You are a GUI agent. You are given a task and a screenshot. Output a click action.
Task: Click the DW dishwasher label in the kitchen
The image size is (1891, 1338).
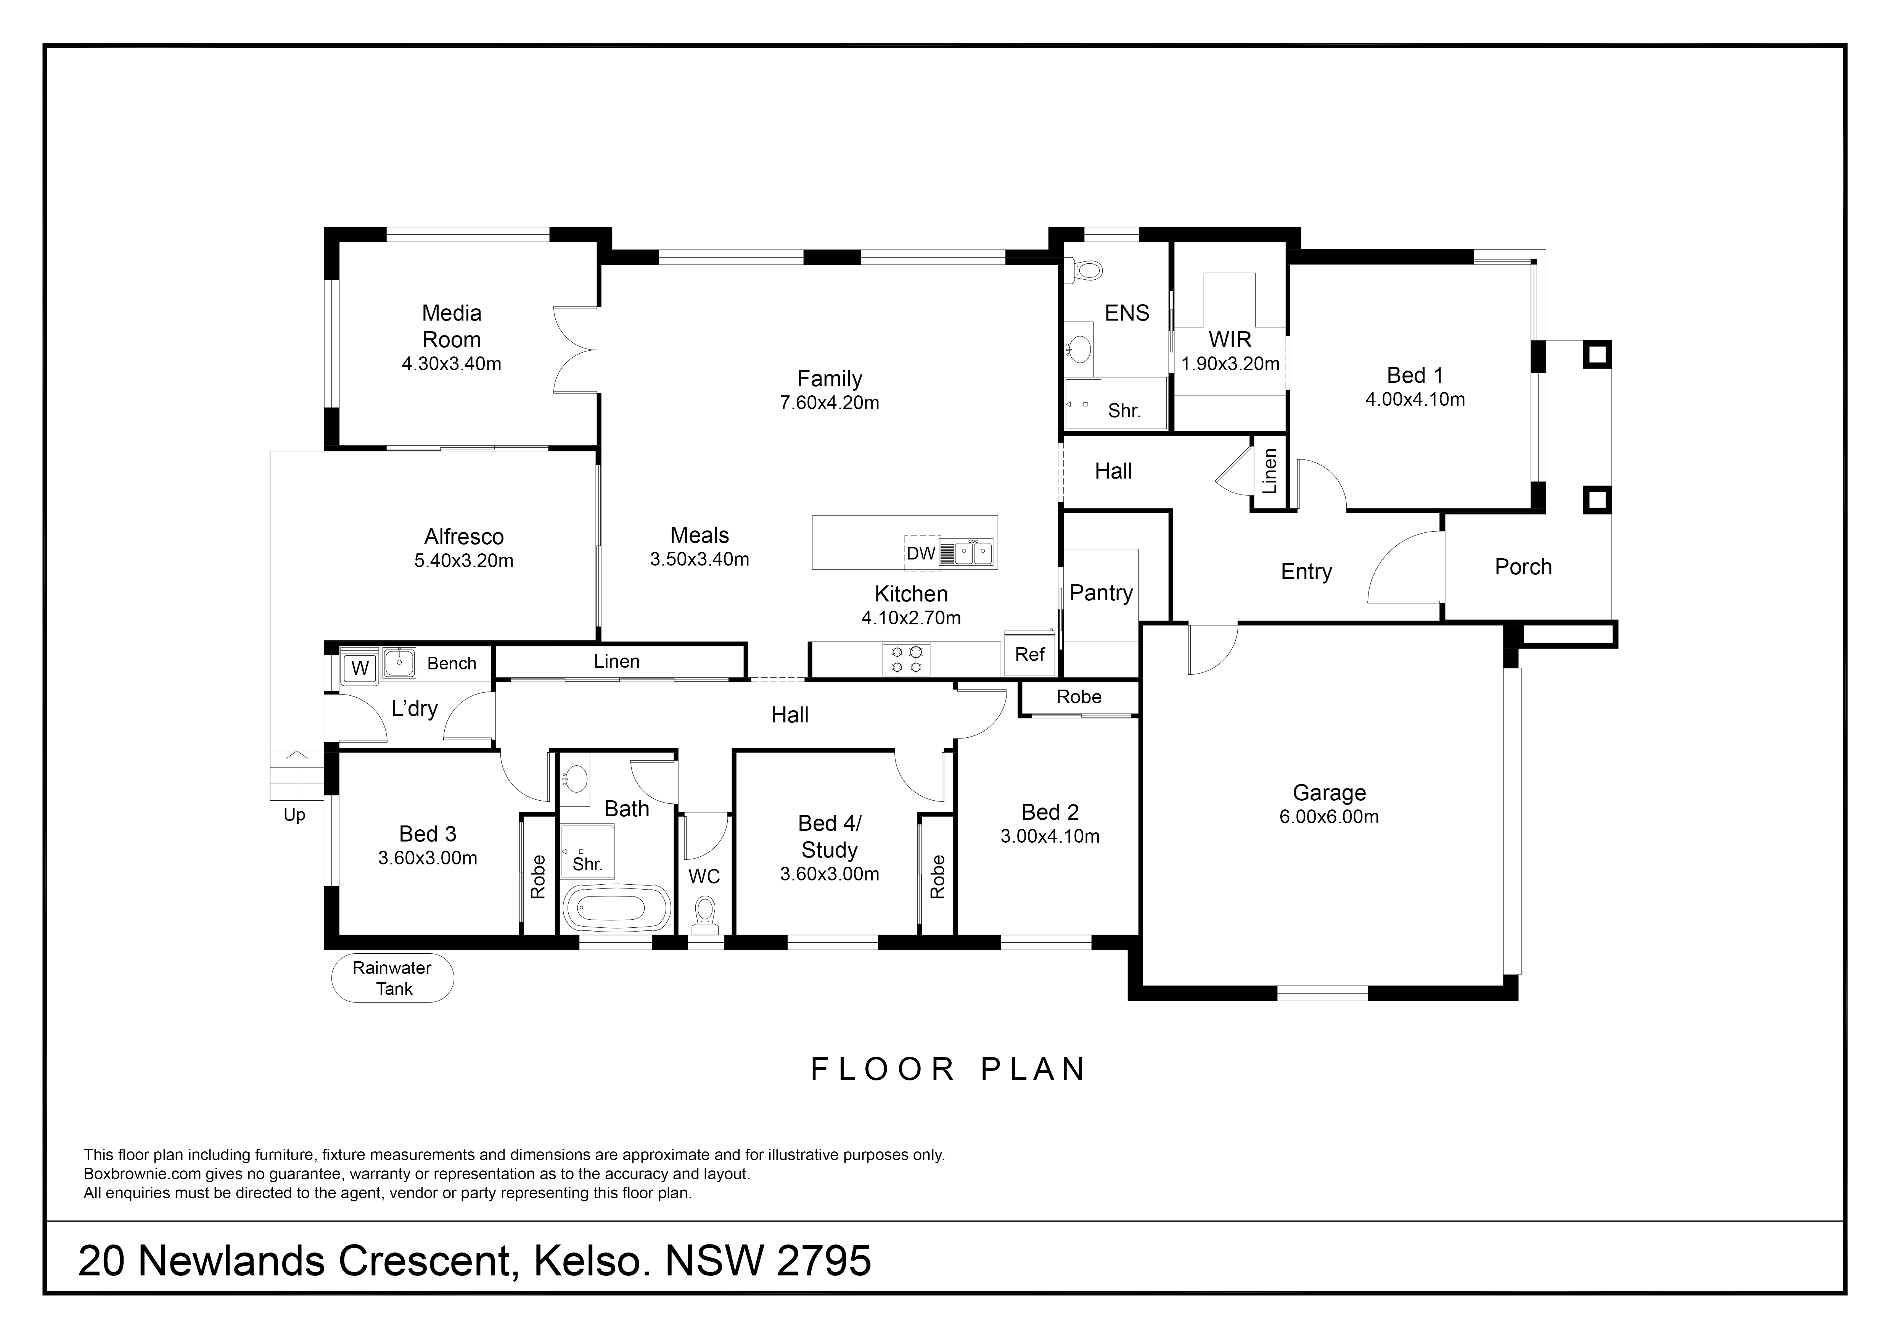pos(921,554)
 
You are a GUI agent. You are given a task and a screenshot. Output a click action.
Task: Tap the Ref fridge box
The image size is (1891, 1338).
pos(1029,654)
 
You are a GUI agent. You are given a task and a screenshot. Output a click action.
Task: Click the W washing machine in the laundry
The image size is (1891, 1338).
pos(360,667)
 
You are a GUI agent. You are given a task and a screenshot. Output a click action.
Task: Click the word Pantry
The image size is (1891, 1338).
pos(1101,593)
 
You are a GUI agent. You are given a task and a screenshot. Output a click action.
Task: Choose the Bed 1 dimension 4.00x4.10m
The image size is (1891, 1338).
pos(1415,400)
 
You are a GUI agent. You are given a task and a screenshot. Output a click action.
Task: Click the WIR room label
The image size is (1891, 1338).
pos(1230,339)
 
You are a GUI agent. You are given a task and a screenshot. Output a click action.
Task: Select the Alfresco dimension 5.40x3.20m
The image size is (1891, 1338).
pos(464,561)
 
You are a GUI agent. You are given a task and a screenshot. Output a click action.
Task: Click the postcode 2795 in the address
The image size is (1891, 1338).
pos(823,1261)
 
